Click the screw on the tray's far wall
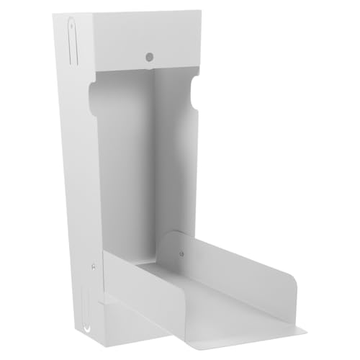181,253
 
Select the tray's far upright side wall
238,259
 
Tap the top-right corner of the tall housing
200,11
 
